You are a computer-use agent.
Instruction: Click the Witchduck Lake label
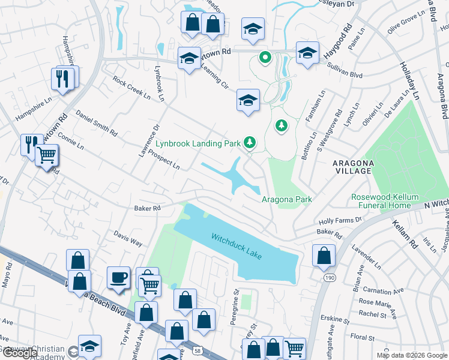[x=237, y=246]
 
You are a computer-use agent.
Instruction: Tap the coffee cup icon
[x=118, y=278]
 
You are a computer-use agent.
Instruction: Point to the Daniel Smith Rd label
[x=96, y=123]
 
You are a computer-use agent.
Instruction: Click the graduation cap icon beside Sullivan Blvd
[x=307, y=53]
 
